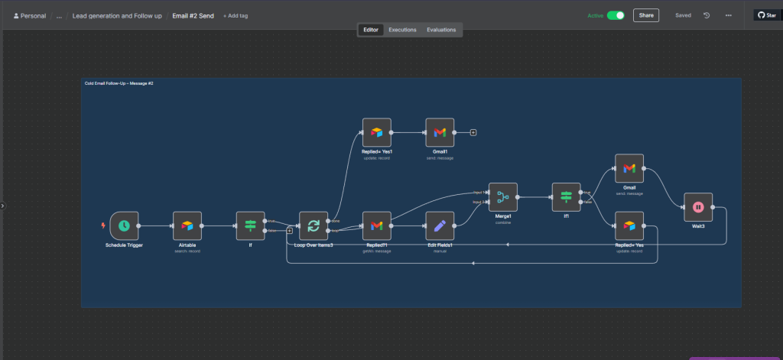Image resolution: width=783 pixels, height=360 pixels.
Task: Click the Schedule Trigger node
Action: tap(124, 225)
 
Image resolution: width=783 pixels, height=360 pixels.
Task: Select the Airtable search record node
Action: tap(187, 225)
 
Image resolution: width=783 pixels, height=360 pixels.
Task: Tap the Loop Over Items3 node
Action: tap(313, 225)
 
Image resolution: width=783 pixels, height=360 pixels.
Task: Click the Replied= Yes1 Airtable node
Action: tap(376, 132)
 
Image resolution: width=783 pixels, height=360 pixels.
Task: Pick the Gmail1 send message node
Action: tap(440, 132)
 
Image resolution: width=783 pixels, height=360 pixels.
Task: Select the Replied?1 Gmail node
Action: tap(376, 225)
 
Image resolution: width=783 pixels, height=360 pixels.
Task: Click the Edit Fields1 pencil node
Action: tap(440, 225)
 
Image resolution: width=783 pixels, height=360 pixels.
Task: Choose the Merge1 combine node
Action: tap(502, 197)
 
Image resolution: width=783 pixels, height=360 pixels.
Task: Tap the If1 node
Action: tap(566, 197)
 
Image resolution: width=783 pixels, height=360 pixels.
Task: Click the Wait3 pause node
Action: tap(698, 206)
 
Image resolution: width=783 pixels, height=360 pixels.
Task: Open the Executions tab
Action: tap(402, 30)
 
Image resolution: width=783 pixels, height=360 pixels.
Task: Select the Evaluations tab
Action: tap(441, 30)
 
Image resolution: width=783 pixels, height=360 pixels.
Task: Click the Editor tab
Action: tap(371, 30)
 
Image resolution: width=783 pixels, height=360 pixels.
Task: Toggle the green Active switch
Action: tap(616, 15)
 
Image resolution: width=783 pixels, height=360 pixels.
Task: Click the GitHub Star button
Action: tap(766, 15)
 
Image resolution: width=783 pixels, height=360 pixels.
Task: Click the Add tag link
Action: tap(236, 15)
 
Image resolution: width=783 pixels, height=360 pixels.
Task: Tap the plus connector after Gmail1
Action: tap(473, 132)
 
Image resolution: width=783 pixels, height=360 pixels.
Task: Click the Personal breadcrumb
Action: tap(30, 15)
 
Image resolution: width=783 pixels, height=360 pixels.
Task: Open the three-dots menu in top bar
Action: tap(728, 15)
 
